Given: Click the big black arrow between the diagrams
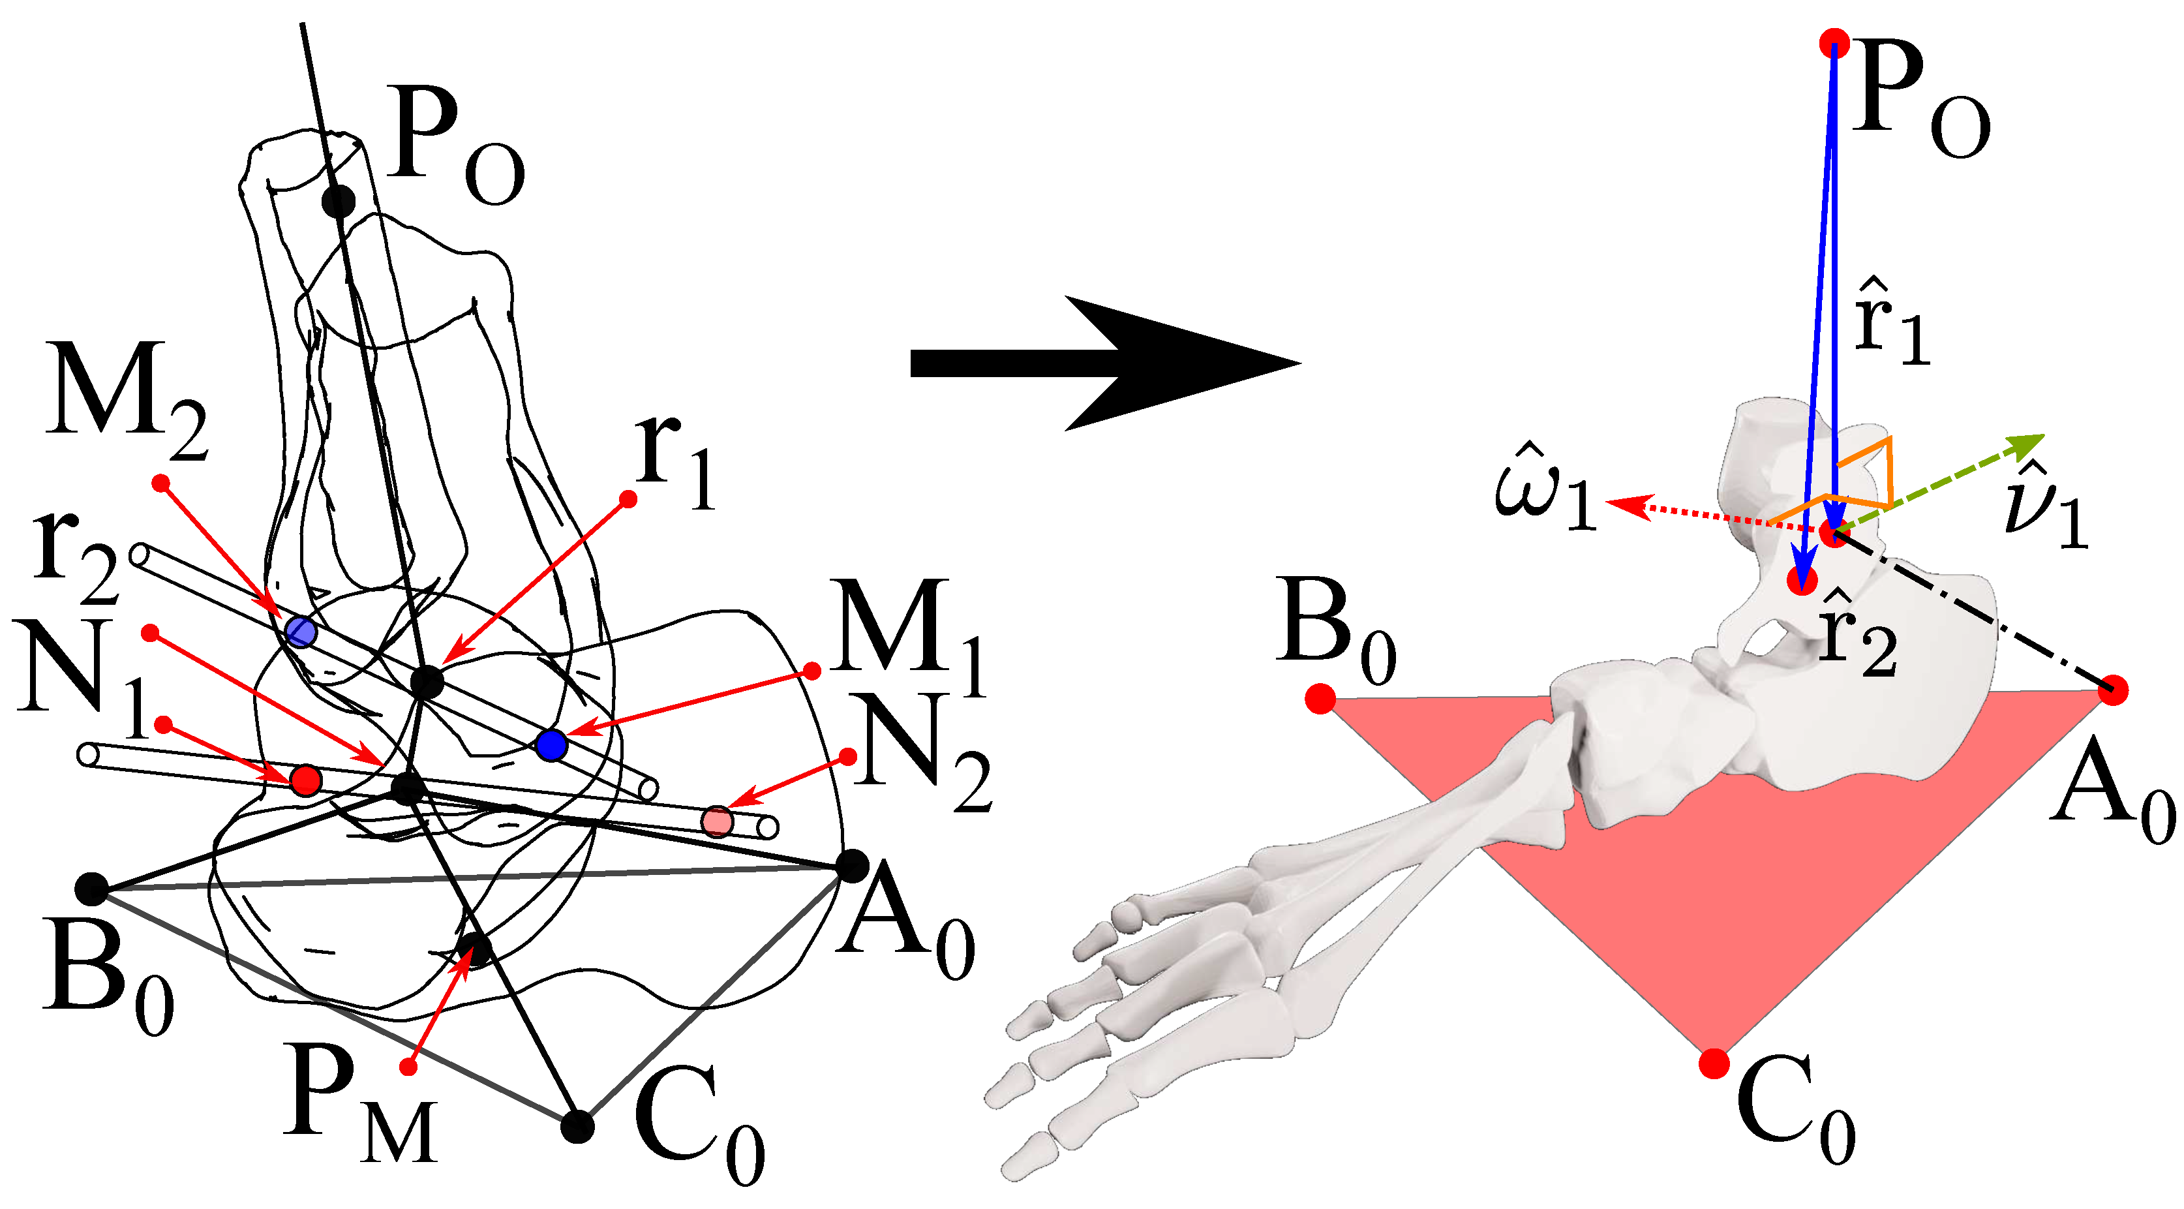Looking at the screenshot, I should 1102,363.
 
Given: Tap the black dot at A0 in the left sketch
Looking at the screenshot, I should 852,866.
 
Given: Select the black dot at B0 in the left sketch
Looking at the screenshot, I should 91,889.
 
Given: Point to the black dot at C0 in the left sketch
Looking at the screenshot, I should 577,1126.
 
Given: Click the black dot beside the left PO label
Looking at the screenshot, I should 339,201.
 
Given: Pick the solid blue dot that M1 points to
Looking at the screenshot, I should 551,744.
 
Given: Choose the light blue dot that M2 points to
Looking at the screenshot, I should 300,632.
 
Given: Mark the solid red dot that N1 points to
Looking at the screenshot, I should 305,778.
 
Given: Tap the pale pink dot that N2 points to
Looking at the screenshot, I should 718,821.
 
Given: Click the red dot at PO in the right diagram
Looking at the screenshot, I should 1834,42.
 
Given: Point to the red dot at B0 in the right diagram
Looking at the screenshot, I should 1320,699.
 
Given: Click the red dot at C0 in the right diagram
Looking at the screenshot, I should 1714,1062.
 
